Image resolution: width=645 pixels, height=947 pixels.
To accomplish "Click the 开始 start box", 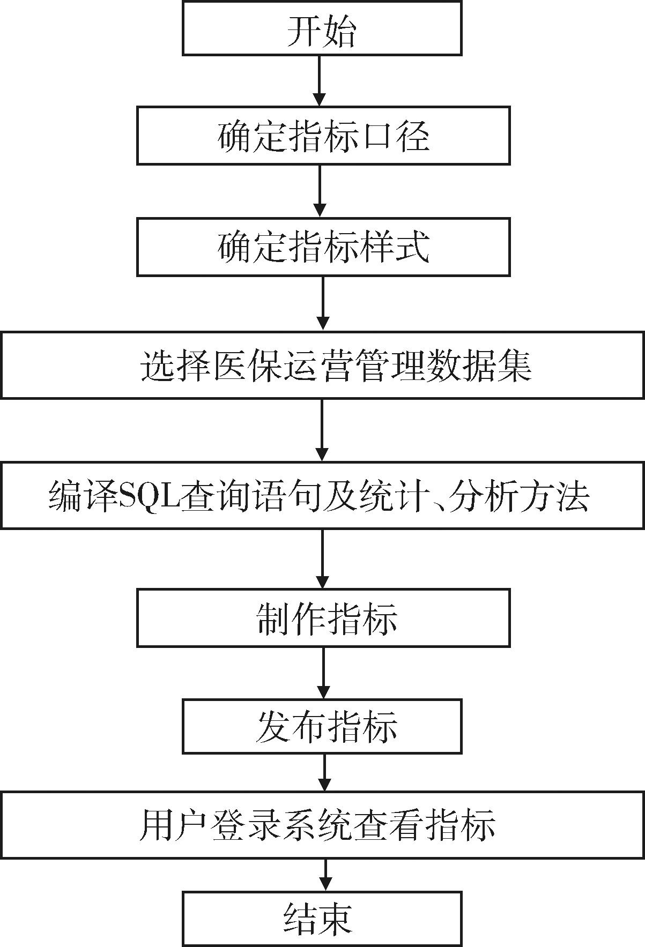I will pyautogui.click(x=322, y=28).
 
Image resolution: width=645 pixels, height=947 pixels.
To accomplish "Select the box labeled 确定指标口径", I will pyautogui.click(x=323, y=135).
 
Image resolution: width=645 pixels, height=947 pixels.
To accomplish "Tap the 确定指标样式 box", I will pyautogui.click(x=323, y=247).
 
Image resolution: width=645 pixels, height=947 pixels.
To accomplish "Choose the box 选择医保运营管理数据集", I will pyautogui.click(x=322, y=365).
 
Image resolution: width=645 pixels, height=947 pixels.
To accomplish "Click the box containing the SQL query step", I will pyautogui.click(x=322, y=495).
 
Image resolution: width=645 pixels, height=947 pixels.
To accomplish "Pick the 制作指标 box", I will pyautogui.click(x=323, y=618).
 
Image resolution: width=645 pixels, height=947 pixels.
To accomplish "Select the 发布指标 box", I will pyautogui.click(x=322, y=726).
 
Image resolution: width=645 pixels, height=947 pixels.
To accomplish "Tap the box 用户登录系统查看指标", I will pyautogui.click(x=322, y=824).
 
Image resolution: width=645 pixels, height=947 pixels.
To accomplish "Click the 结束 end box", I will pyautogui.click(x=322, y=918).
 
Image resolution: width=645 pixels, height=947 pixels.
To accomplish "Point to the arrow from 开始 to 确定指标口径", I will pyautogui.click(x=320, y=80).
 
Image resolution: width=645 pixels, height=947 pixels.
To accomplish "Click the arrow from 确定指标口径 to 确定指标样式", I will pyautogui.click(x=320, y=191).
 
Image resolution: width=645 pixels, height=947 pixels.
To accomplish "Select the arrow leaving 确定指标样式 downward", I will pyautogui.click(x=322, y=303).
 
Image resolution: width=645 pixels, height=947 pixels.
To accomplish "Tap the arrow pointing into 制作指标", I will pyautogui.click(x=322, y=558).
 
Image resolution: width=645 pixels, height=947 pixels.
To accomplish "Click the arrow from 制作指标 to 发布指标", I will pyautogui.click(x=323, y=673).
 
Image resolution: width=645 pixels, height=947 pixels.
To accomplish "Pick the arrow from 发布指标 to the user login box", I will pyautogui.click(x=325, y=772).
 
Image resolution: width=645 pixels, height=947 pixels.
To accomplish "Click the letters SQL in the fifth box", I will pyautogui.click(x=151, y=495).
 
